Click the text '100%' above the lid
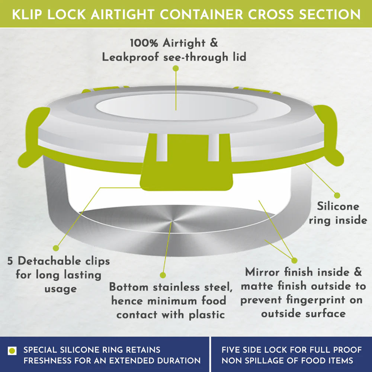(x=144, y=43)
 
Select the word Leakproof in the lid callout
(x=130, y=57)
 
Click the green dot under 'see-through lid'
(x=176, y=68)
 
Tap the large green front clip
(x=186, y=162)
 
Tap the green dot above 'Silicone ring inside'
(x=337, y=195)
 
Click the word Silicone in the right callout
(x=338, y=206)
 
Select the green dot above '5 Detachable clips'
(x=56, y=248)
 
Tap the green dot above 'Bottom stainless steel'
(x=163, y=275)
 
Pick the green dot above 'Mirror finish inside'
(x=294, y=260)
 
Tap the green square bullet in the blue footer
(x=12, y=351)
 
